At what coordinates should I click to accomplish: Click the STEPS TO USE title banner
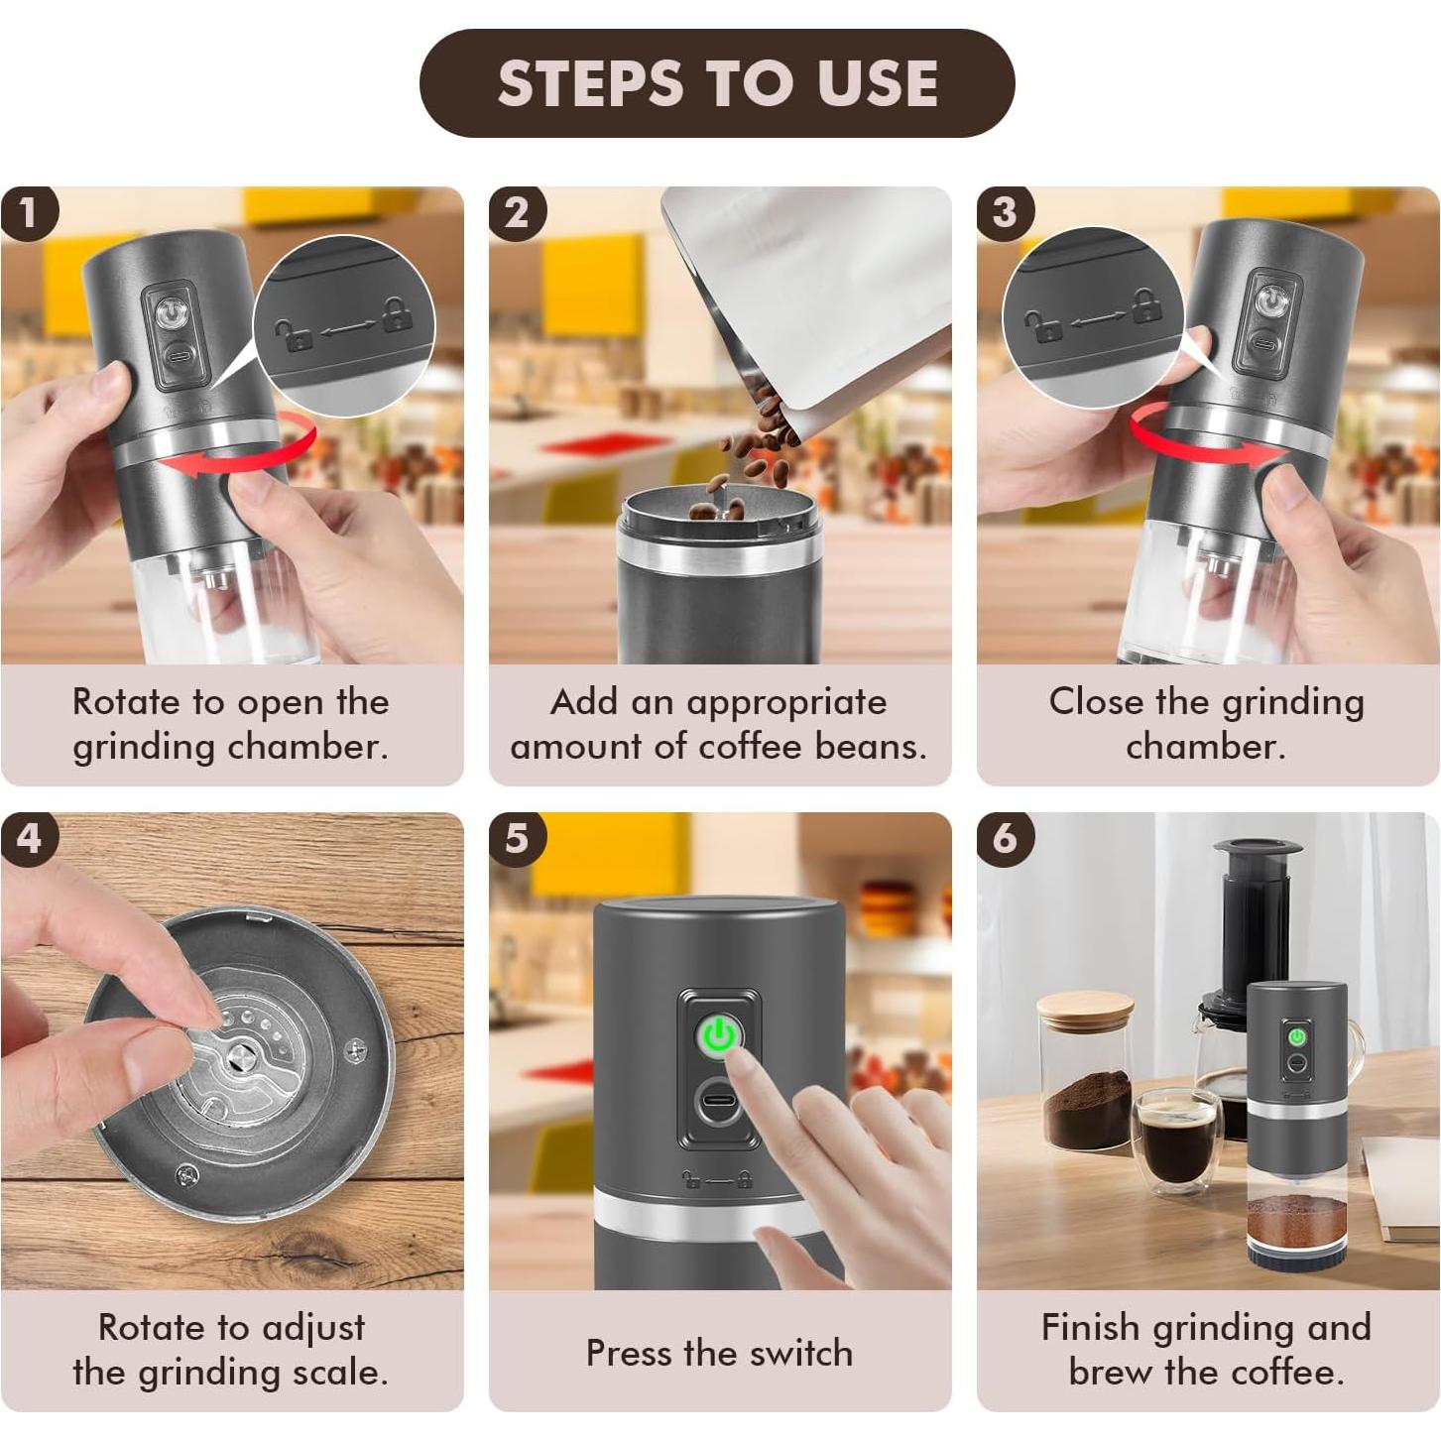716,83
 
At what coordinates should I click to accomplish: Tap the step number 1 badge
29,213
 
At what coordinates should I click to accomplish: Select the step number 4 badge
29,838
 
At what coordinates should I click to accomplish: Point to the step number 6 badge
1005,838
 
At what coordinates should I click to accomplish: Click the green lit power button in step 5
718,1035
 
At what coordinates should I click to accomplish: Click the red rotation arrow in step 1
238,449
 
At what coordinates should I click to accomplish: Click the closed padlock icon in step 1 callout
397,314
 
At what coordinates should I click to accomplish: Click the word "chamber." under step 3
1205,747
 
